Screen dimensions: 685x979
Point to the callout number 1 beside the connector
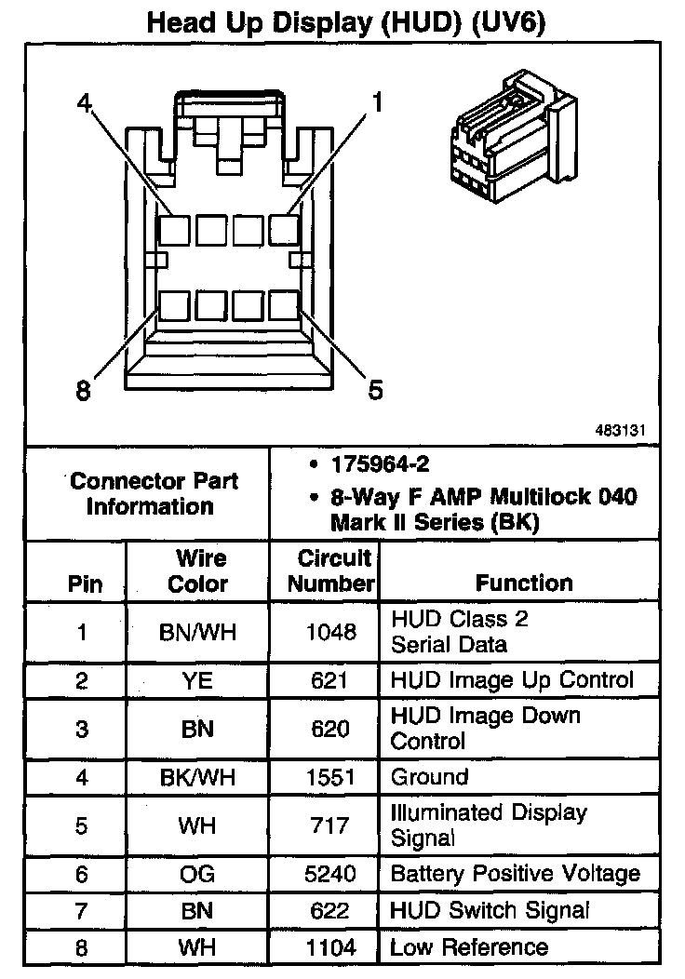point(378,101)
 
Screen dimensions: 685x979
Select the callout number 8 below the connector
point(84,391)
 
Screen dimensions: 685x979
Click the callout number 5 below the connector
point(375,389)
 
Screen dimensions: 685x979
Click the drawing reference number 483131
point(621,432)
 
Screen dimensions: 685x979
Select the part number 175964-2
point(376,463)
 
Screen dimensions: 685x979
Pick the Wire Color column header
point(198,571)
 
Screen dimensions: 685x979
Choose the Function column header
point(524,583)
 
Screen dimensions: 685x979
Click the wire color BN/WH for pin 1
point(198,633)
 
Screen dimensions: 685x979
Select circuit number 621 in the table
point(330,680)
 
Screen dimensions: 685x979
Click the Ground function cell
point(429,777)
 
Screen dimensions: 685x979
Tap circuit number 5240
point(330,874)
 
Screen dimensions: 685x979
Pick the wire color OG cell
point(198,874)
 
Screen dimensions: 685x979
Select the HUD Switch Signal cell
point(490,910)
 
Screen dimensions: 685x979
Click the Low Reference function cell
point(469,947)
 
